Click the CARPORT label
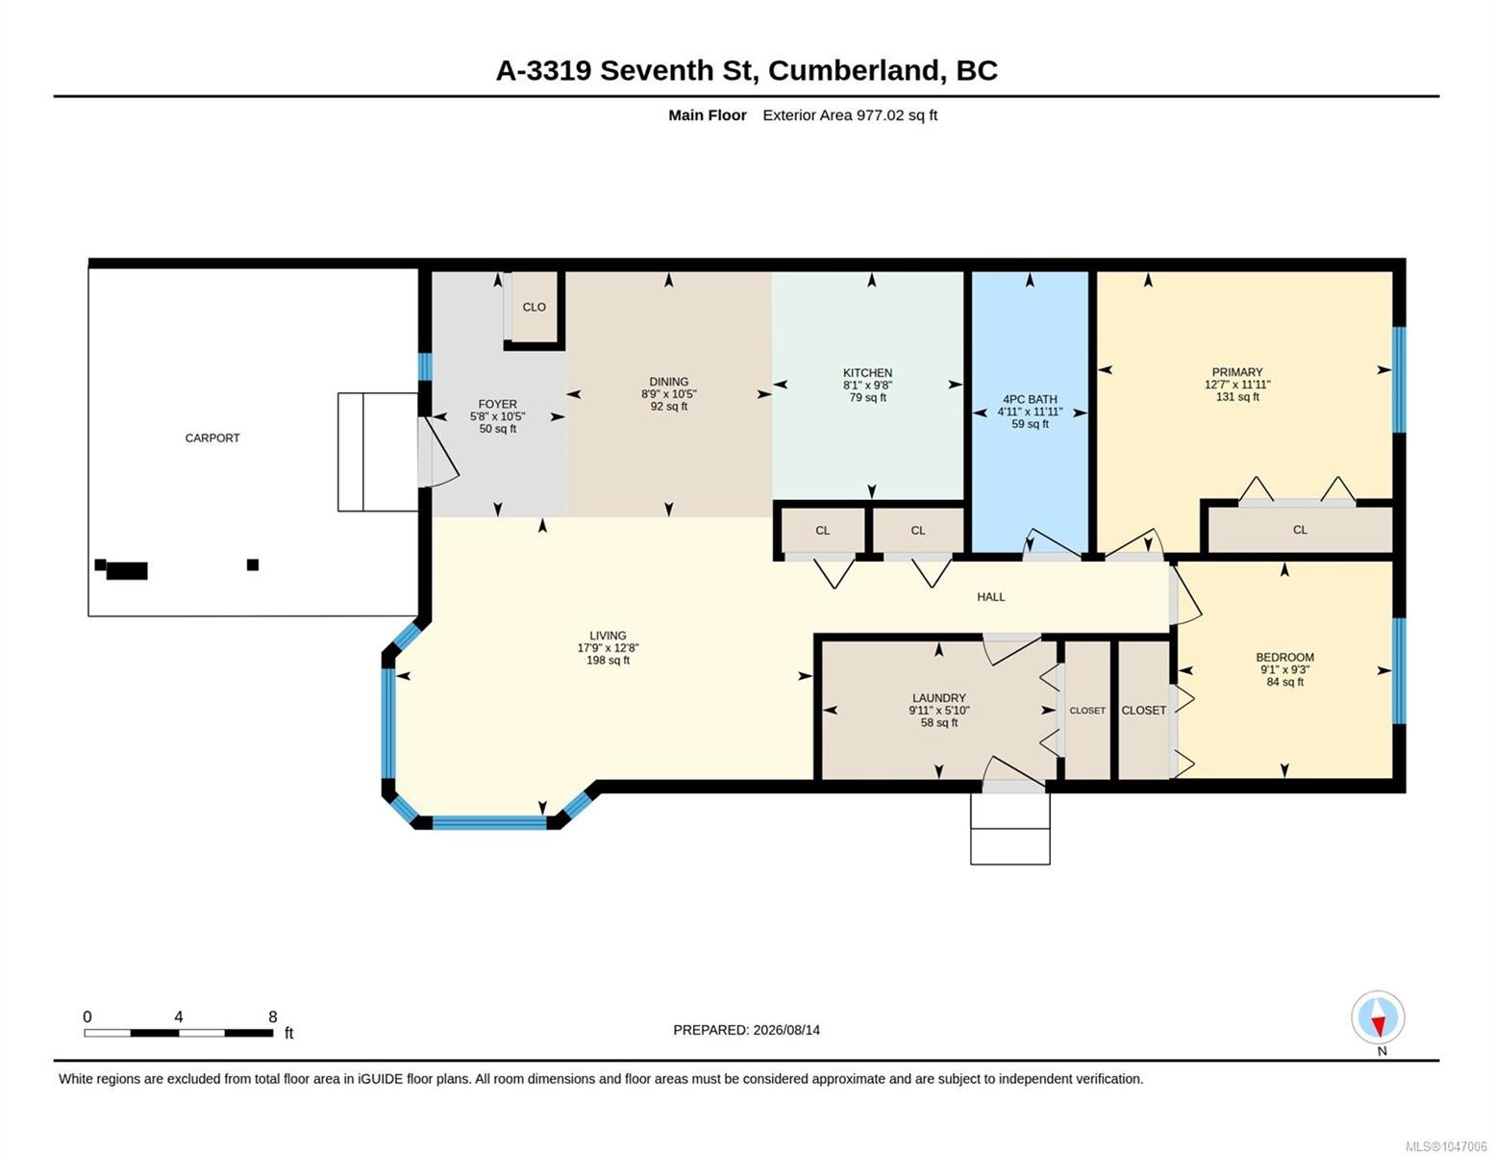click(x=212, y=438)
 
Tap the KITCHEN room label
click(x=867, y=372)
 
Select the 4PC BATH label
click(x=1030, y=399)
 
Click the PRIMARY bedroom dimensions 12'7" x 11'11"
click(x=1236, y=385)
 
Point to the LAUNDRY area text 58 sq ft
click(x=938, y=722)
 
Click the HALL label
click(x=990, y=596)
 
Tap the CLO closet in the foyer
click(x=534, y=307)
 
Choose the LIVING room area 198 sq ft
click(x=608, y=660)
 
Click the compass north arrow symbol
click(x=1378, y=1016)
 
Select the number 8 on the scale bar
click(x=273, y=1016)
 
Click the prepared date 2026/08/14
click(x=786, y=1030)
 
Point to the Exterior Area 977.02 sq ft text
click(x=849, y=115)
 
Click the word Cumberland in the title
click(x=854, y=71)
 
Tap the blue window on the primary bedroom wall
click(x=1399, y=380)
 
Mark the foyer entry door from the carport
click(x=437, y=451)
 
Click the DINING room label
click(x=668, y=382)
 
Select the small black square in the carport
click(x=252, y=564)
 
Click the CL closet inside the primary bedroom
click(x=1299, y=530)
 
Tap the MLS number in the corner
click(x=1446, y=1145)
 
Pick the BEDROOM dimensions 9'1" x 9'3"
click(x=1284, y=669)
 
